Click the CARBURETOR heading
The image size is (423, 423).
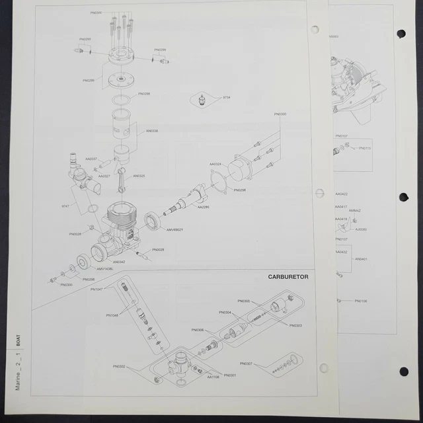(288, 276)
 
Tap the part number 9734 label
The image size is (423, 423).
(226, 97)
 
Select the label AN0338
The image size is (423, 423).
(151, 131)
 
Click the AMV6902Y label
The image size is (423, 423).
(174, 229)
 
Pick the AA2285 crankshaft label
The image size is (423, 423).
(204, 207)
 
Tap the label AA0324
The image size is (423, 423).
(215, 164)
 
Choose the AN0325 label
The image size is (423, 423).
(139, 176)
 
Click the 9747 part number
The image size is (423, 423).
(65, 206)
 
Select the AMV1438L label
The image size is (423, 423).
(105, 269)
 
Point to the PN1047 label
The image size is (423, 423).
(95, 289)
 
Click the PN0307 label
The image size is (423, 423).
(247, 364)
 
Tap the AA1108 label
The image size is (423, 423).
(213, 377)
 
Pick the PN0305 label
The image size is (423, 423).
(244, 301)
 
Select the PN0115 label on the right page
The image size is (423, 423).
(365, 148)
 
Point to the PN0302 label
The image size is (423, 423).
(119, 366)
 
